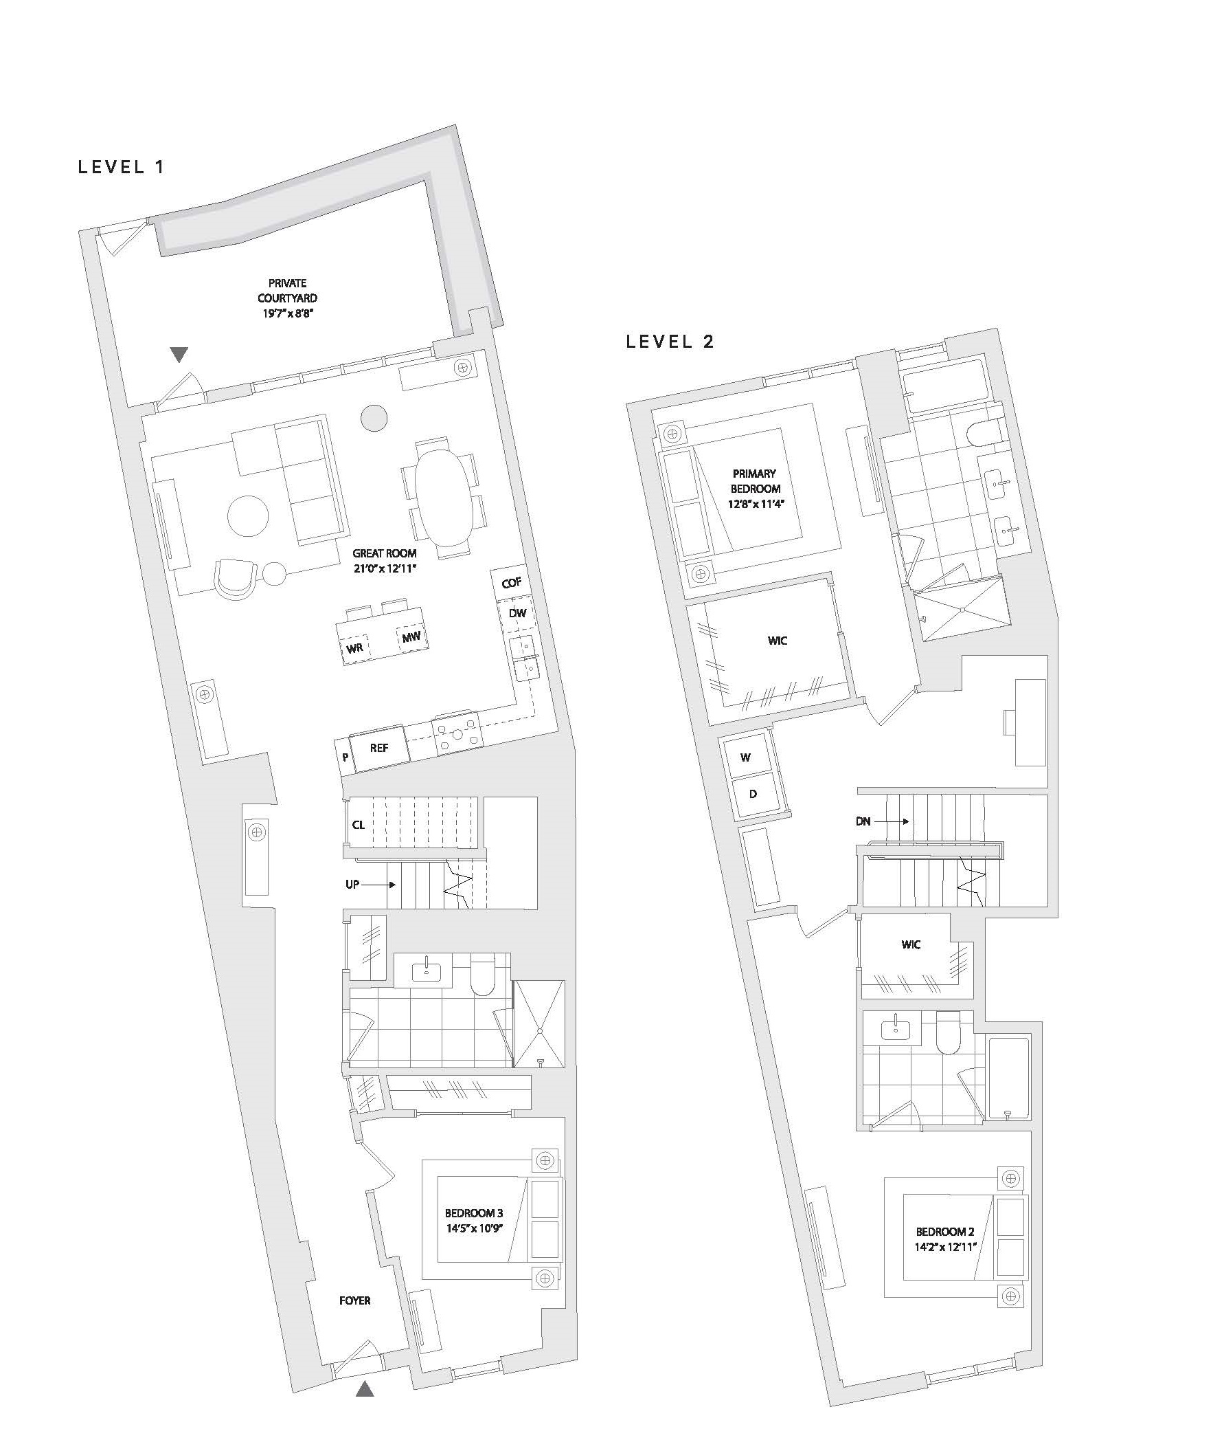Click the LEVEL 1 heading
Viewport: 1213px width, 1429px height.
121,167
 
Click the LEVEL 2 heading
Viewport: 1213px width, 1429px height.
670,341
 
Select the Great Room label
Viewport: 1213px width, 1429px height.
385,560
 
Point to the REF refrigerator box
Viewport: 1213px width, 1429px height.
379,748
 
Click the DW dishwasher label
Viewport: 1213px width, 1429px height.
517,612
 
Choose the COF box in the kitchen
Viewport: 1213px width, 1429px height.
511,584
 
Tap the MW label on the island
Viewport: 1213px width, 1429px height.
411,636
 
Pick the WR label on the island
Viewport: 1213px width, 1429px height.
355,647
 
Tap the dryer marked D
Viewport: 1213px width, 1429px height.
753,795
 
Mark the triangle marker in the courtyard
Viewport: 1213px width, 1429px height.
179,354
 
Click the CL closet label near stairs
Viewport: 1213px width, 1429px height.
359,824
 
